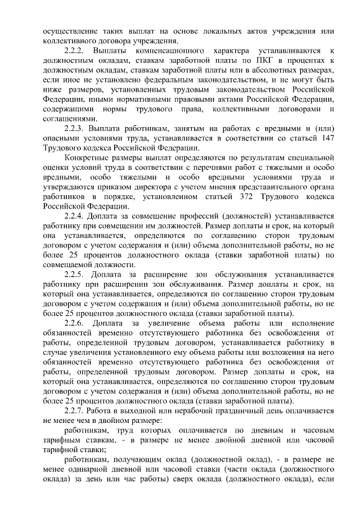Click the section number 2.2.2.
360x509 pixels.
pos(76,51)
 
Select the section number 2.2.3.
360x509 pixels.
pos(76,129)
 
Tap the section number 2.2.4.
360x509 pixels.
pos(76,216)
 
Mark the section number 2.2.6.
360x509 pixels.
pos(76,323)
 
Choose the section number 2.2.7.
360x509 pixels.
pos(76,411)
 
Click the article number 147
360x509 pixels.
pos(326,138)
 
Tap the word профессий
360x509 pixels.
pos(198,216)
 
